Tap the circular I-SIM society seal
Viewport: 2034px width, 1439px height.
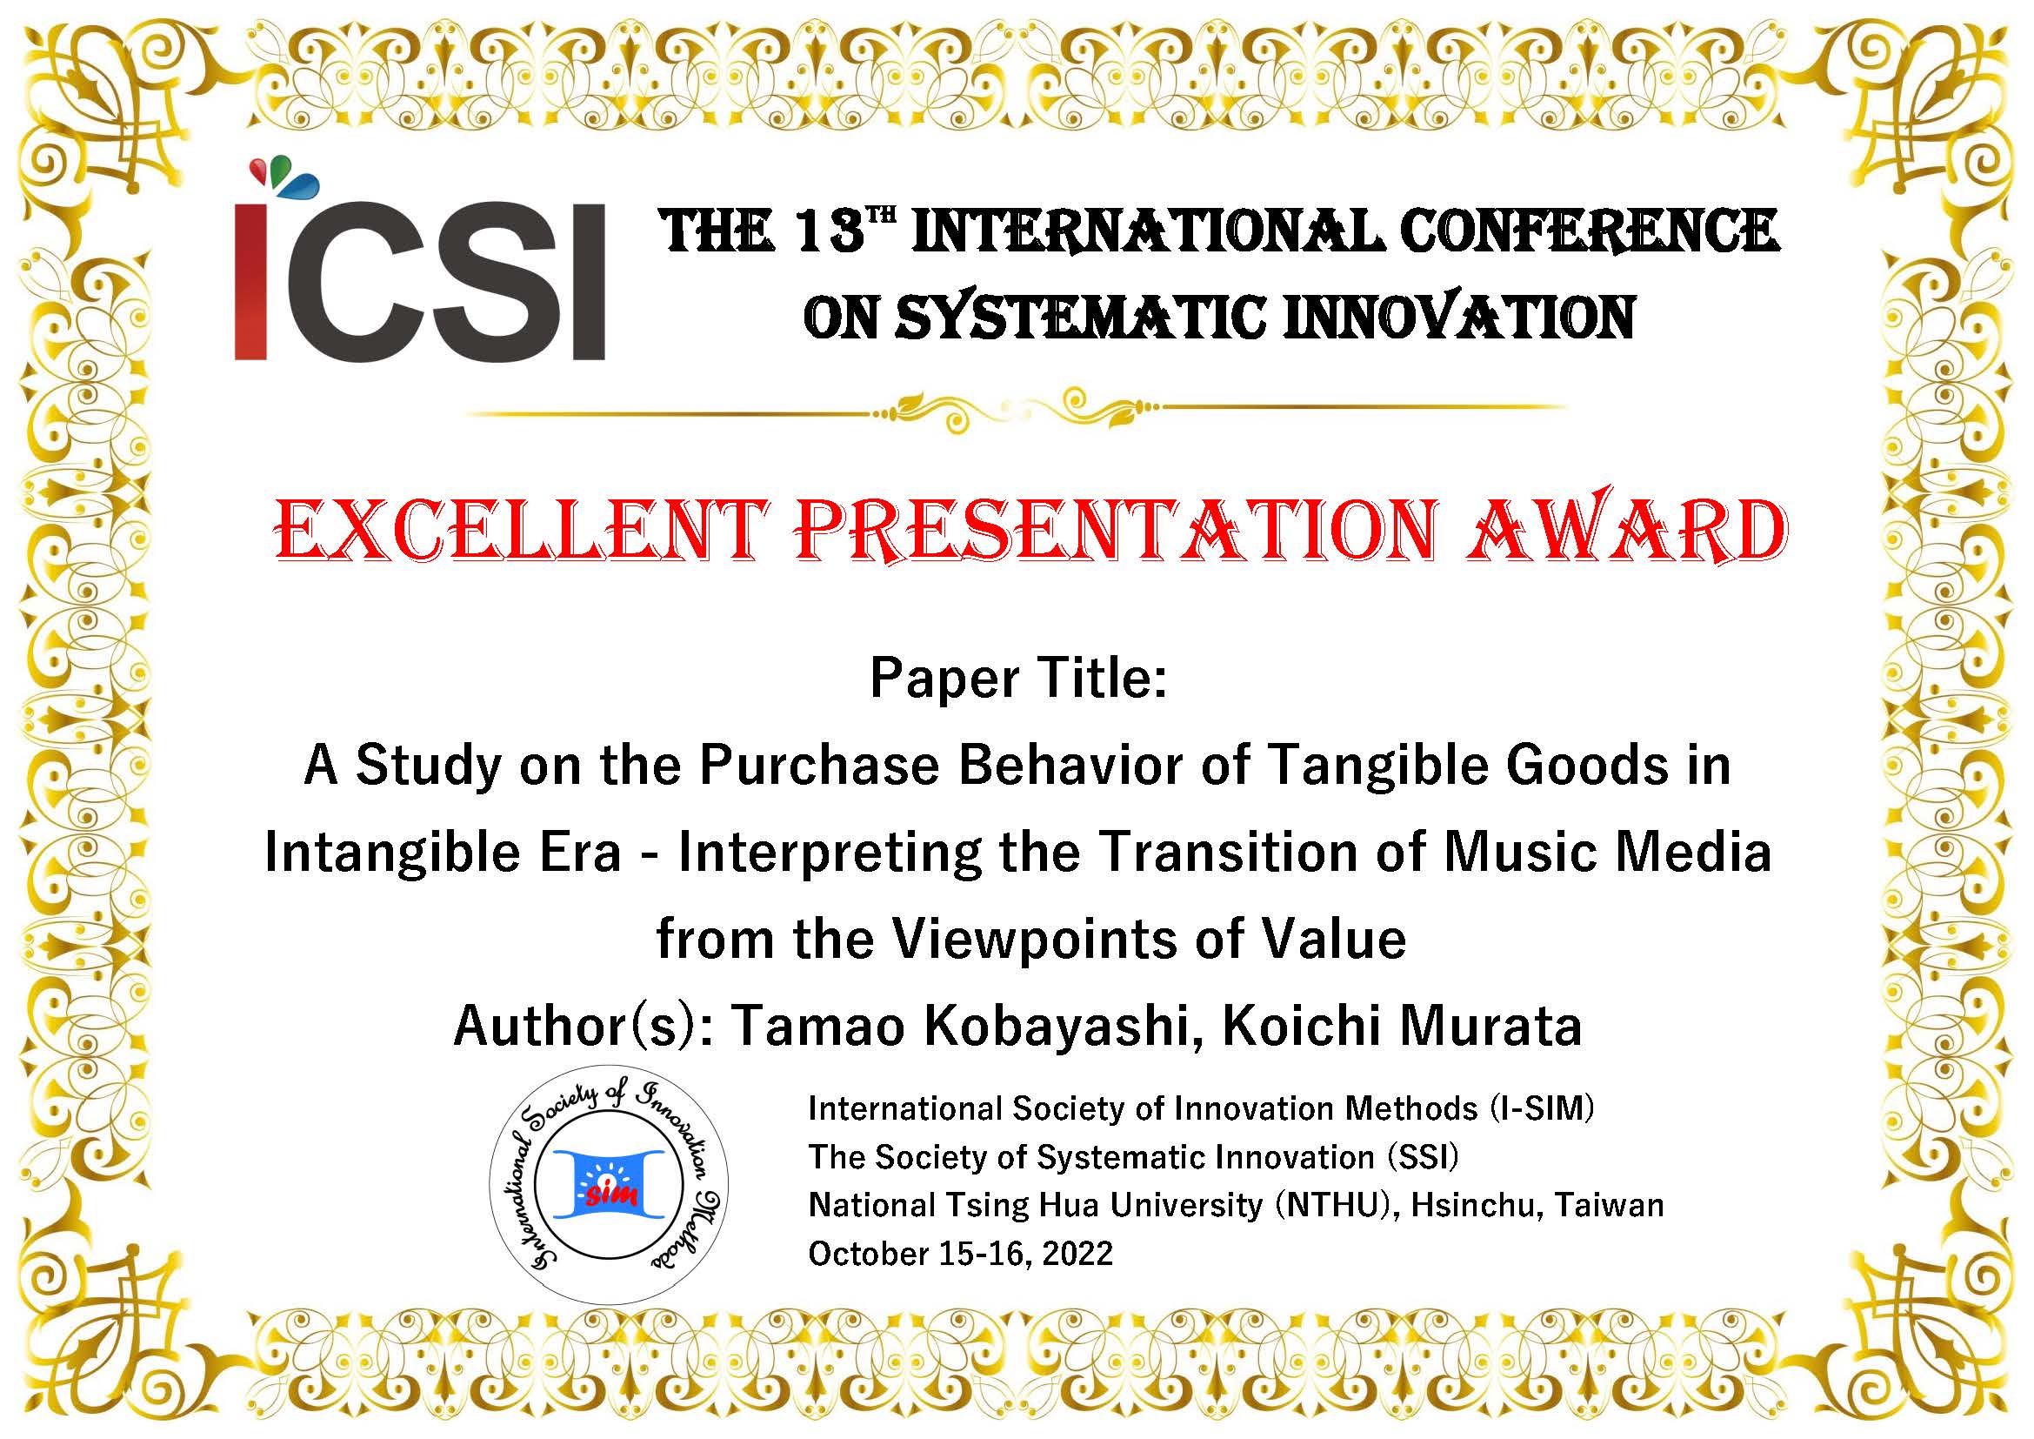610,1184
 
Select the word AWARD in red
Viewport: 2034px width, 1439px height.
1624,532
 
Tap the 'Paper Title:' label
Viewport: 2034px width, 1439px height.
1018,679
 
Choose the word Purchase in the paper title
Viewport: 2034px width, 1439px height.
819,766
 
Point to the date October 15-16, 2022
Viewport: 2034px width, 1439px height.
960,1254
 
